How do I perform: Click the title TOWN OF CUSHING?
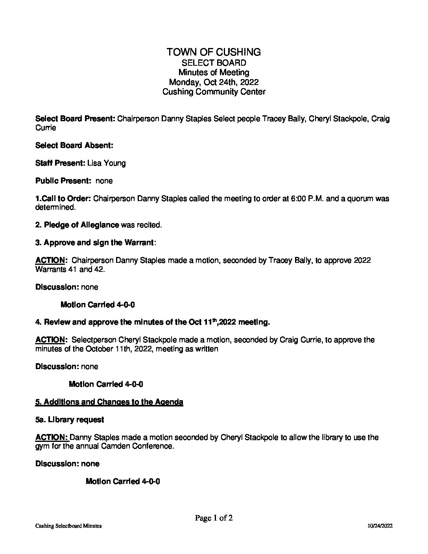(214, 52)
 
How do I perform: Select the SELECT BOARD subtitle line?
(214, 63)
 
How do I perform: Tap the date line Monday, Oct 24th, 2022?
(214, 82)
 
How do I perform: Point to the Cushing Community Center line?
(214, 92)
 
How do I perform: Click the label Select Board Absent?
(74, 145)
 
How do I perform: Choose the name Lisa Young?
(106, 163)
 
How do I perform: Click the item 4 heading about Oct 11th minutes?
(153, 322)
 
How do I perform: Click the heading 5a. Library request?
(70, 420)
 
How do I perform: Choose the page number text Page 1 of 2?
(214, 518)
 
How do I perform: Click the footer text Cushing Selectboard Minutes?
(68, 526)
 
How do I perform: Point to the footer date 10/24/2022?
(380, 526)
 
